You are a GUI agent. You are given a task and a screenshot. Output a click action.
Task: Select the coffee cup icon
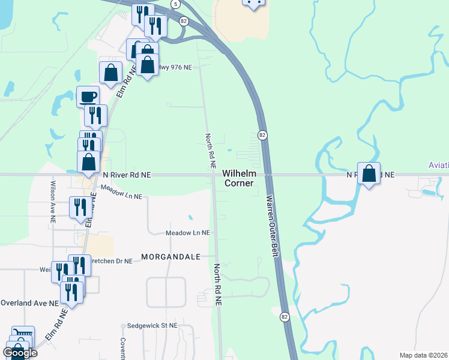click(x=88, y=97)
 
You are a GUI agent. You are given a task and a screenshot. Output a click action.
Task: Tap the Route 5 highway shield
click(x=175, y=4)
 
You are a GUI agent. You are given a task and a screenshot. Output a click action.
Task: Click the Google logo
click(x=20, y=352)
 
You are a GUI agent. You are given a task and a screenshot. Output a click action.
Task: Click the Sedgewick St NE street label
click(x=153, y=326)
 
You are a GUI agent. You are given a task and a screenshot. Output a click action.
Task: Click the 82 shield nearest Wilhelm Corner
click(x=262, y=135)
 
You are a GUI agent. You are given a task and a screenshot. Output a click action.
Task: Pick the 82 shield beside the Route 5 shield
click(x=184, y=20)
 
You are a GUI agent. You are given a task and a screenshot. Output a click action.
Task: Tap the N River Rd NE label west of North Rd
click(x=127, y=175)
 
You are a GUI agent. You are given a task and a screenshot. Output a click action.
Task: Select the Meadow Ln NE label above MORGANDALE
click(x=188, y=233)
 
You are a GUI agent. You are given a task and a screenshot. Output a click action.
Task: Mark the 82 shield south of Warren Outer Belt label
click(x=285, y=316)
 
